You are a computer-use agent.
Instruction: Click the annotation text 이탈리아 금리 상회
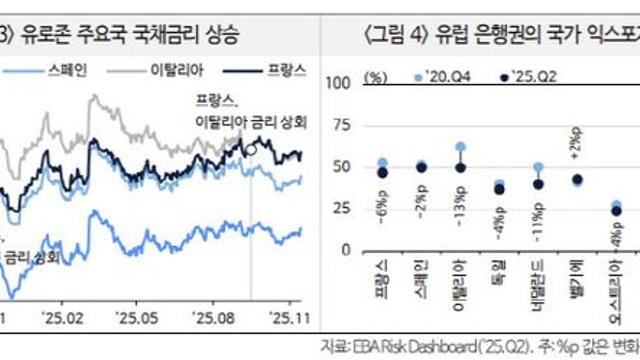point(251,123)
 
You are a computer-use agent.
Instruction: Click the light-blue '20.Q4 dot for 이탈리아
point(460,147)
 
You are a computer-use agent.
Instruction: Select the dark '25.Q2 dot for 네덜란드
point(538,184)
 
